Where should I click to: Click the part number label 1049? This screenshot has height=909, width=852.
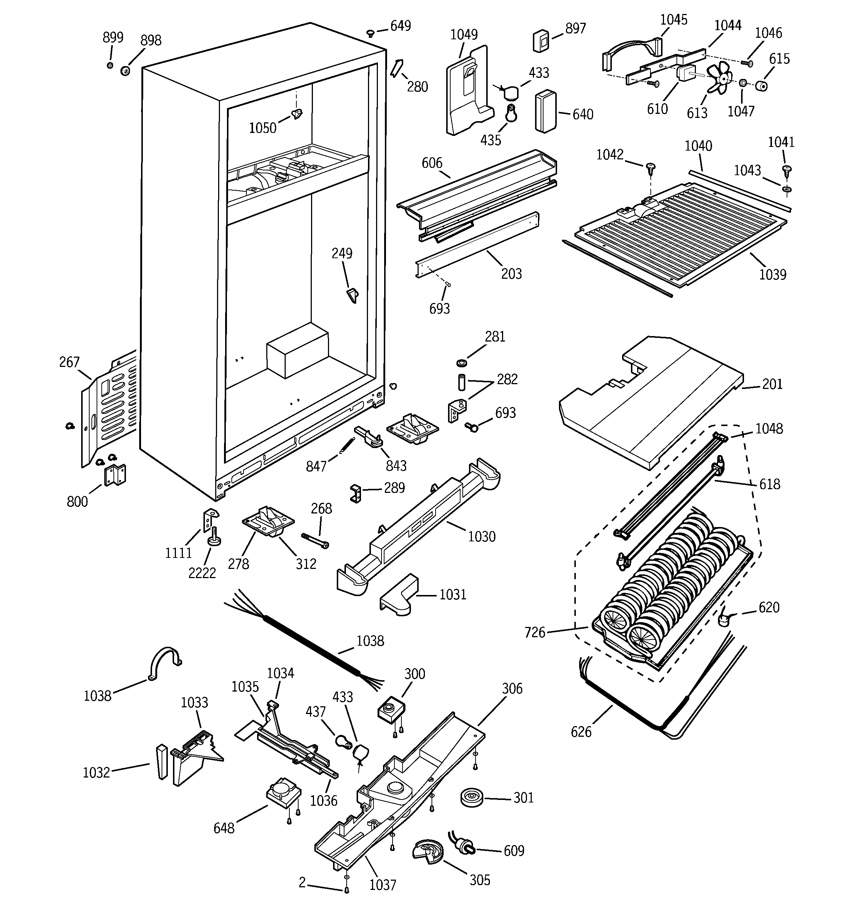click(464, 35)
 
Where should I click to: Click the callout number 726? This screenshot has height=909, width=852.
click(535, 633)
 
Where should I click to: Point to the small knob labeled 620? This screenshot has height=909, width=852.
click(723, 619)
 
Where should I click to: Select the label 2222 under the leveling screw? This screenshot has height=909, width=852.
click(202, 573)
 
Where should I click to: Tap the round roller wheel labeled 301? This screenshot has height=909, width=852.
click(471, 797)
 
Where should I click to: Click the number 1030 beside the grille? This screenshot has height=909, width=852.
click(481, 536)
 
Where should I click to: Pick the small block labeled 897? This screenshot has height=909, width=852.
click(541, 41)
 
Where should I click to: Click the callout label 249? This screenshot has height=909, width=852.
click(342, 253)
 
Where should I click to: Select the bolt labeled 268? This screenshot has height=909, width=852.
click(315, 541)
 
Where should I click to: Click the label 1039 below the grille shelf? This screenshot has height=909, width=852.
click(772, 274)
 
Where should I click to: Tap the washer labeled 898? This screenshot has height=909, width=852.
click(124, 71)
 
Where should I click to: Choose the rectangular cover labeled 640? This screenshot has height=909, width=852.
click(546, 112)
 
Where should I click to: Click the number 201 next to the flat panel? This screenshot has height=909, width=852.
click(772, 384)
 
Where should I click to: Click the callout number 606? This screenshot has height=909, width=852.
click(432, 163)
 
